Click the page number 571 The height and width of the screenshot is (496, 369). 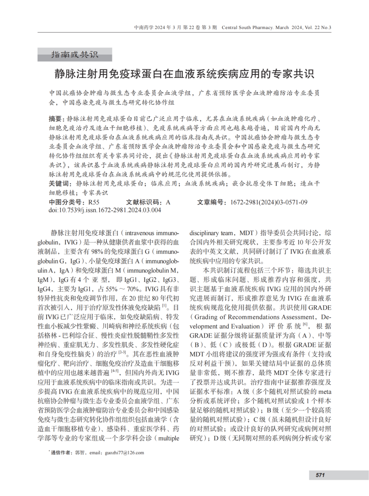click(320, 475)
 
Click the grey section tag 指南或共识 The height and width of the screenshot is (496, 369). click(74, 55)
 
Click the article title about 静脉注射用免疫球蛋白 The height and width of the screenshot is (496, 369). click(184, 74)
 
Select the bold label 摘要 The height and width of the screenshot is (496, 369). click(56, 119)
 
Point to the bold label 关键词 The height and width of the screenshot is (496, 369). click(60, 184)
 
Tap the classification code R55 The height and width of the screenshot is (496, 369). click(94, 202)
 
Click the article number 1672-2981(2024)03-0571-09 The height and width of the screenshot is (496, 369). click(269, 202)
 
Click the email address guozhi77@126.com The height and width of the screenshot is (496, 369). click(124, 453)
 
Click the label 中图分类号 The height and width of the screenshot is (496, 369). click(66, 202)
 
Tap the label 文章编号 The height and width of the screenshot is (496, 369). click(212, 202)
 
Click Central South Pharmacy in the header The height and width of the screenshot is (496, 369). click(247, 28)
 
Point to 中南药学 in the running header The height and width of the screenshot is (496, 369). click(144, 28)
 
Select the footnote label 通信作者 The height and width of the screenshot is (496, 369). click(61, 453)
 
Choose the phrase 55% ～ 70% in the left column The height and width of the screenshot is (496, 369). click(124, 289)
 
